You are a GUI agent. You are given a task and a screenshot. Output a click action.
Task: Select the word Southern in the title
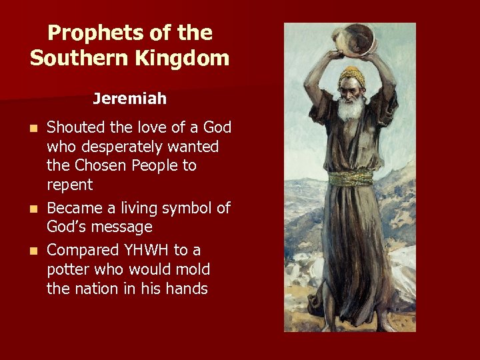(72, 58)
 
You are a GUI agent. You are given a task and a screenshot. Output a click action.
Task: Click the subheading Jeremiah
(129, 99)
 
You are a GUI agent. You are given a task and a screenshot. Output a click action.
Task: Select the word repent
(69, 184)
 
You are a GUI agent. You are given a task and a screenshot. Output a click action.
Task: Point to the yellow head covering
(351, 73)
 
